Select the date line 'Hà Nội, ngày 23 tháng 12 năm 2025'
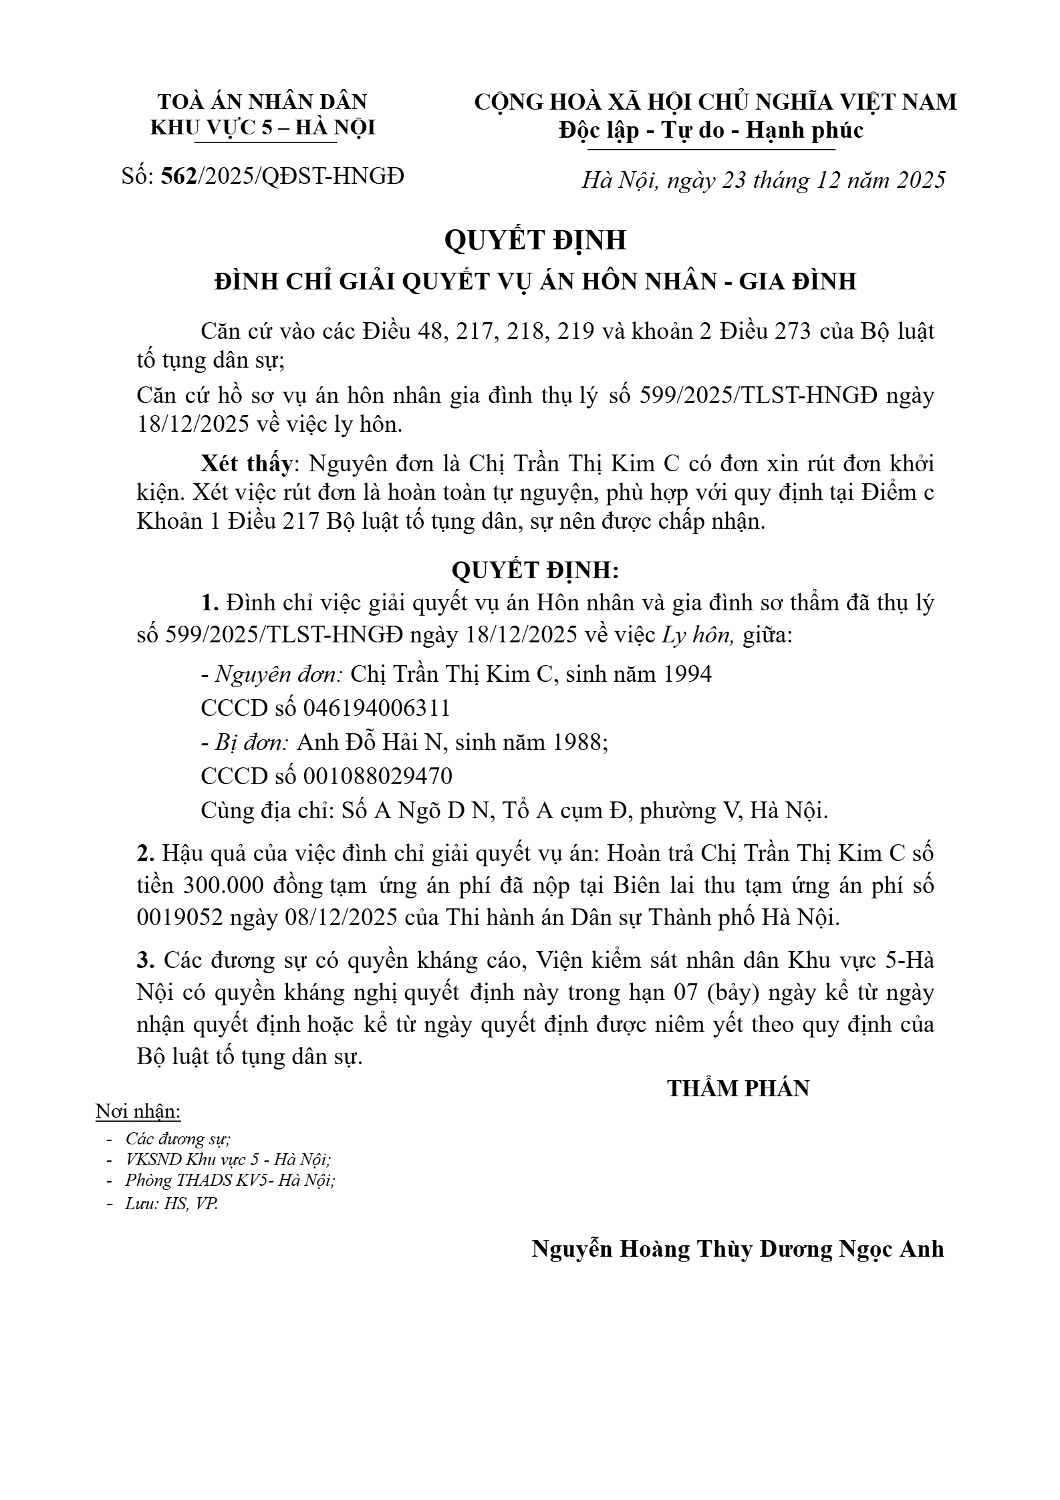(763, 180)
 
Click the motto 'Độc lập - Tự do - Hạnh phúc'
(711, 130)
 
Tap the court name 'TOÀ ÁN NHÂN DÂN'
(263, 102)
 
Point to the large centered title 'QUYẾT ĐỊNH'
(535, 240)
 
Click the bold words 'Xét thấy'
(247, 463)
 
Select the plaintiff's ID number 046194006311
(377, 707)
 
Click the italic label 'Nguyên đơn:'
(279, 674)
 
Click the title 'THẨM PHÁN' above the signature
(738, 1088)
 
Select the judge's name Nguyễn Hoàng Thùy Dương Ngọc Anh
(737, 1249)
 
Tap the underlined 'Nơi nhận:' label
(139, 1112)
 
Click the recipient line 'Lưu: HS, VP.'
(172, 1204)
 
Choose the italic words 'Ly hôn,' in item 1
(698, 635)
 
